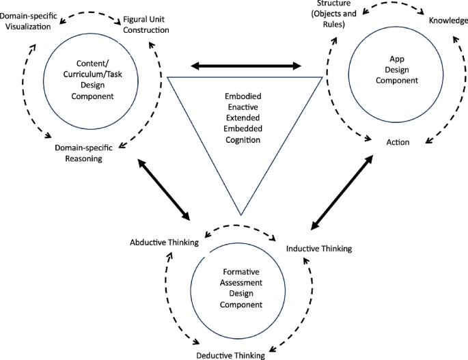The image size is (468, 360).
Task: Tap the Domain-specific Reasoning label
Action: (x=90, y=152)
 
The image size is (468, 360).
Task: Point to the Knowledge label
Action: (x=448, y=20)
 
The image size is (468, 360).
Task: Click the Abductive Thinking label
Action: (x=164, y=243)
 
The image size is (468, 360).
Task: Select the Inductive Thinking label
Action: (x=318, y=249)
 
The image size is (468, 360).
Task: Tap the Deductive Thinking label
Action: (x=230, y=355)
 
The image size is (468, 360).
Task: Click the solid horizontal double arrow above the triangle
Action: (x=245, y=66)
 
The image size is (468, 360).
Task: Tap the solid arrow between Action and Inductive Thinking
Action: (x=342, y=192)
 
